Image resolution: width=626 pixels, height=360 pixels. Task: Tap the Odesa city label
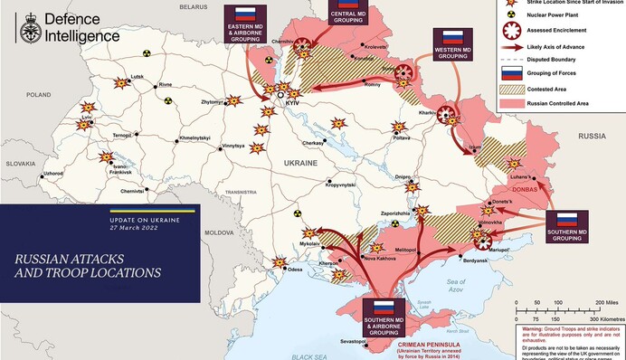click(x=295, y=270)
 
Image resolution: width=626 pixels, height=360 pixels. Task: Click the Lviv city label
click(x=86, y=118)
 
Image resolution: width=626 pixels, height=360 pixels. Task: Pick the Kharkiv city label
click(x=429, y=113)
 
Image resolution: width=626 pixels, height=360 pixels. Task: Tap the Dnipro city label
click(x=404, y=176)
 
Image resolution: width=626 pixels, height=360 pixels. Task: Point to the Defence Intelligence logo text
click(x=81, y=26)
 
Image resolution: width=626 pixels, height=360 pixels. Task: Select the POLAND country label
click(x=39, y=94)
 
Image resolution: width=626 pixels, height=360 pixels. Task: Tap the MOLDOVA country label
click(x=218, y=232)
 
